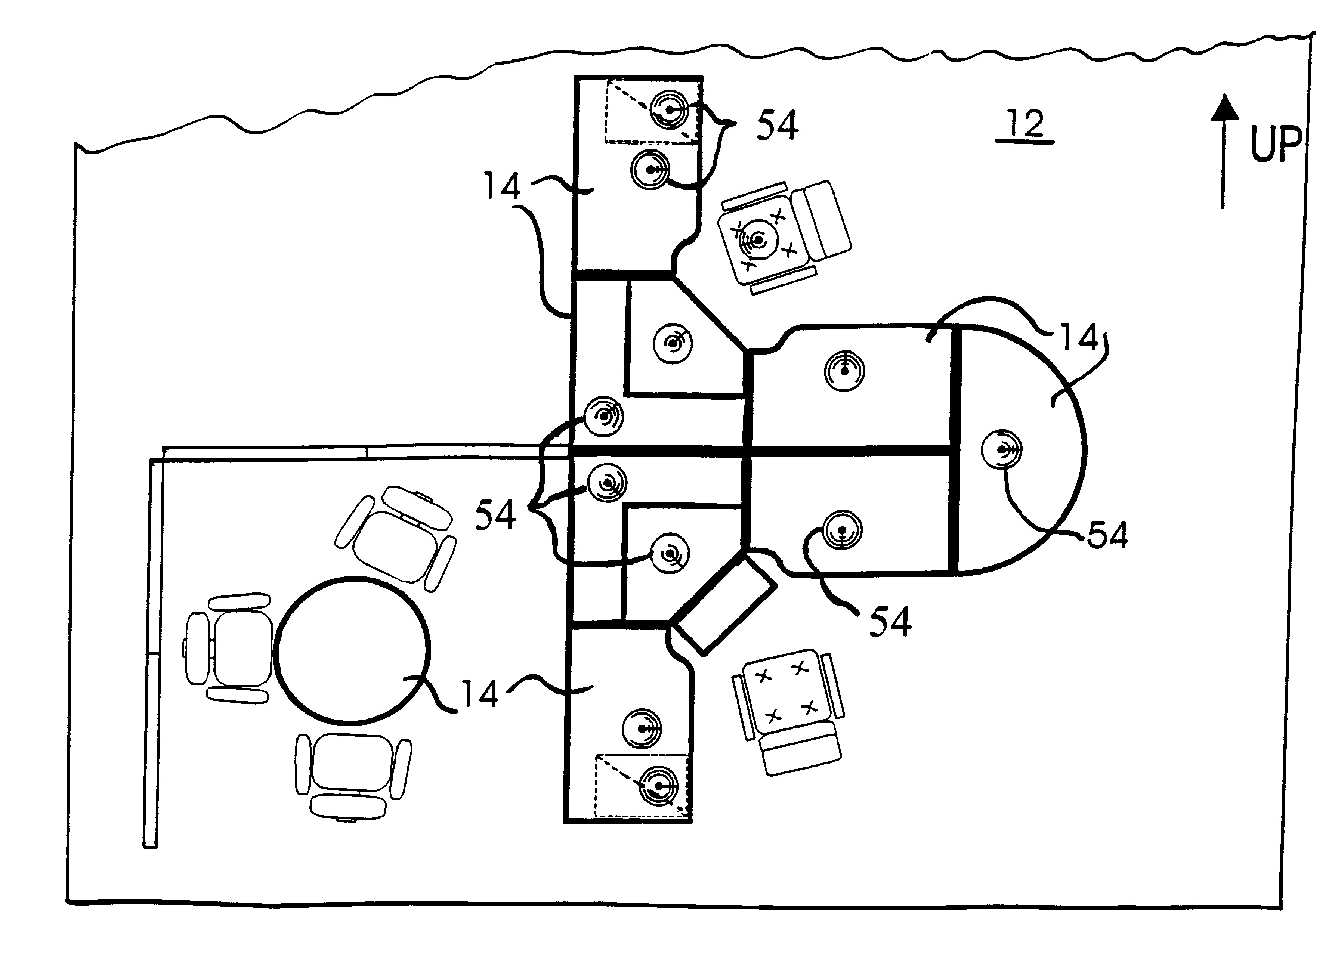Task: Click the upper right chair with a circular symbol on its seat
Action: coord(784,236)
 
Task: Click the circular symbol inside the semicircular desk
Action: coord(1001,449)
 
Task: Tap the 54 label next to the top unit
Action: coord(777,126)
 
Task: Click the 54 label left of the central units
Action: coord(495,515)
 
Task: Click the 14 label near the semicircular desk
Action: coord(1079,338)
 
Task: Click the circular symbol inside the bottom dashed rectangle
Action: coord(659,786)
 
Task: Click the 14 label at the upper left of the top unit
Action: coord(502,186)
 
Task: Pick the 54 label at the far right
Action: coord(1107,535)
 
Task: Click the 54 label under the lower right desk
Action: coord(890,622)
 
